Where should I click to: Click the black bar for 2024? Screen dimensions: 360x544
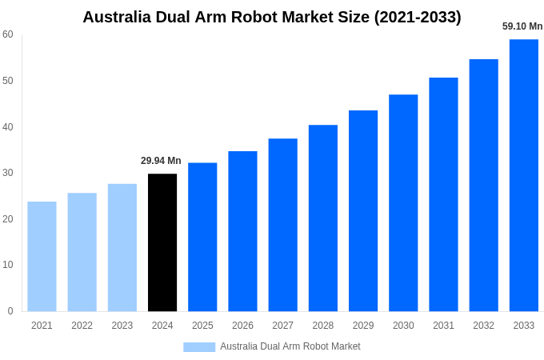[162, 242]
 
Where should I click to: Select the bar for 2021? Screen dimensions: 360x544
[42, 256]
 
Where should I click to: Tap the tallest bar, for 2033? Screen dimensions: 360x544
[524, 175]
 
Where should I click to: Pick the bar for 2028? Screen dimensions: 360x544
[323, 218]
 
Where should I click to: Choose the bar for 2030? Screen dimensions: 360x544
[403, 202]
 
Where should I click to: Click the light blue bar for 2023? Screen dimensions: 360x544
[122, 247]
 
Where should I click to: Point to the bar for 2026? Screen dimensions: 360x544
[242, 231]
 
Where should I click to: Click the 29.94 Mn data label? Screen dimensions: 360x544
[161, 161]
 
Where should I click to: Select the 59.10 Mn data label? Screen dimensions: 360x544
[522, 26]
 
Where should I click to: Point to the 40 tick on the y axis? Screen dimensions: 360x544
[8, 126]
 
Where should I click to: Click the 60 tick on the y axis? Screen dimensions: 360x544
[8, 34]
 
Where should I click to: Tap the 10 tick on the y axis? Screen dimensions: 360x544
[8, 265]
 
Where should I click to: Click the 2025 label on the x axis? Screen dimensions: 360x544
[202, 326]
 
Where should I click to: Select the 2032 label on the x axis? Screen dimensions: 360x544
[483, 326]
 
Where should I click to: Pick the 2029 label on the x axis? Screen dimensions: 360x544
[363, 326]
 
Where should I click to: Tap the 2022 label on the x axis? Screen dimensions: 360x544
[82, 326]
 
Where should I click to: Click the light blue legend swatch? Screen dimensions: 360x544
[199, 346]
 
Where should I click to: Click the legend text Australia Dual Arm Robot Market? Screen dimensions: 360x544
[290, 346]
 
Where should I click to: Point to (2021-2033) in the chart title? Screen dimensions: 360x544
[418, 17]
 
